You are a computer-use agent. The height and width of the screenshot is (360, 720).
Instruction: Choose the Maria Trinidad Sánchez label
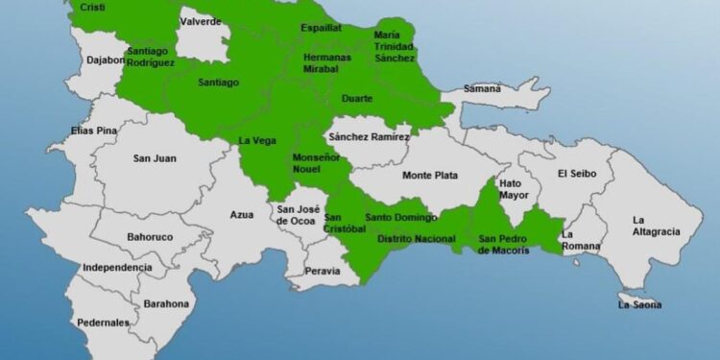coord(395,47)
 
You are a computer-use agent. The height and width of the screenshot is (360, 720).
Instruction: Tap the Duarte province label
coord(356,98)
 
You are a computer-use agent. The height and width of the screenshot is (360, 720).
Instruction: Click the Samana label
coord(482,89)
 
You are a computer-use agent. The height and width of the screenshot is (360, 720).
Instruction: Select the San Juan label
coord(154,158)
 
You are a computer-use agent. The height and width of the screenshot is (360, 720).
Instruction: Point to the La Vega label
coord(256,142)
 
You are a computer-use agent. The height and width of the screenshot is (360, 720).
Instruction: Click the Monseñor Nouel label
coord(315,163)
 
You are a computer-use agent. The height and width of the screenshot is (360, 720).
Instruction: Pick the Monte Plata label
coord(429,176)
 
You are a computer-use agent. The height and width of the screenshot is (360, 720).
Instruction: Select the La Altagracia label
coord(655,226)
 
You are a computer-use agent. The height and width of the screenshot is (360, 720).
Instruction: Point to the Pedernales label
coord(103,324)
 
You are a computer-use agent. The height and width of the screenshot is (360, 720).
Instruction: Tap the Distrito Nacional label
coord(415,238)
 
